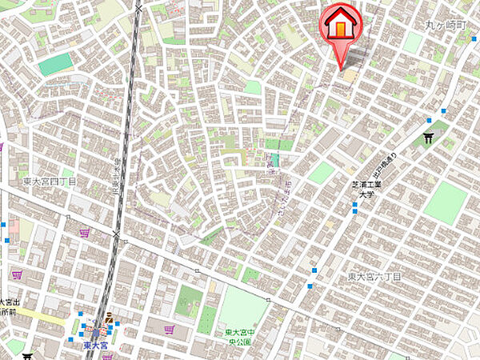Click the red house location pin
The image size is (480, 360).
340,24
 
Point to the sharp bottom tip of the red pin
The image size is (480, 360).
345,68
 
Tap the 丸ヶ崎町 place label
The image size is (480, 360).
445,26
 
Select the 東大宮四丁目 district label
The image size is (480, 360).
50,182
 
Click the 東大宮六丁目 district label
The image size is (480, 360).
374,276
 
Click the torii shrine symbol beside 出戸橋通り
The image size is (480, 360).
430,138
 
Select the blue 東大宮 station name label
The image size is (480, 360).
96,346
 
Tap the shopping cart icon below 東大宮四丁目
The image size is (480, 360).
84,233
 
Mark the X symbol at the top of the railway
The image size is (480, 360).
140,9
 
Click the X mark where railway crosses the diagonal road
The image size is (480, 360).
117,234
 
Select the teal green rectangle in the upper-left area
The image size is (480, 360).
54,64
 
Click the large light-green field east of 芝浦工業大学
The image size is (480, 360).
445,202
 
